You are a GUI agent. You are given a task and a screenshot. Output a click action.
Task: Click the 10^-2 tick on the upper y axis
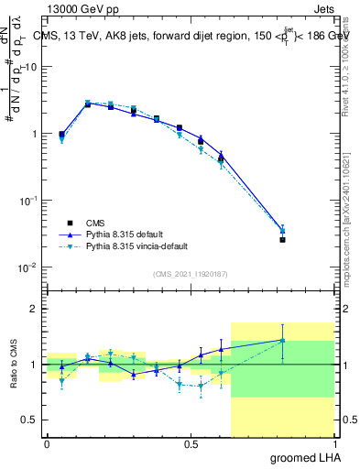click(x=28, y=267)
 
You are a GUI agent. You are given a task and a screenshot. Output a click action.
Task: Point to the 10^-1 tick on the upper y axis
click(x=28, y=201)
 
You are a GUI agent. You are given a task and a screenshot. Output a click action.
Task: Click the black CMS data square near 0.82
click(x=282, y=240)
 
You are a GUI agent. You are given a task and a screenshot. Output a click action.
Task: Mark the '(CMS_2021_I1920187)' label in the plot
click(x=190, y=273)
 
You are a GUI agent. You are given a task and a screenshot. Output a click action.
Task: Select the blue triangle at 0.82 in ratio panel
click(x=282, y=340)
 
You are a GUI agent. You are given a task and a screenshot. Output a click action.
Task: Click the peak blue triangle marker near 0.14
click(x=88, y=104)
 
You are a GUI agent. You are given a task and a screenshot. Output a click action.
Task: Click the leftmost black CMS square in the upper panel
click(x=61, y=134)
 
